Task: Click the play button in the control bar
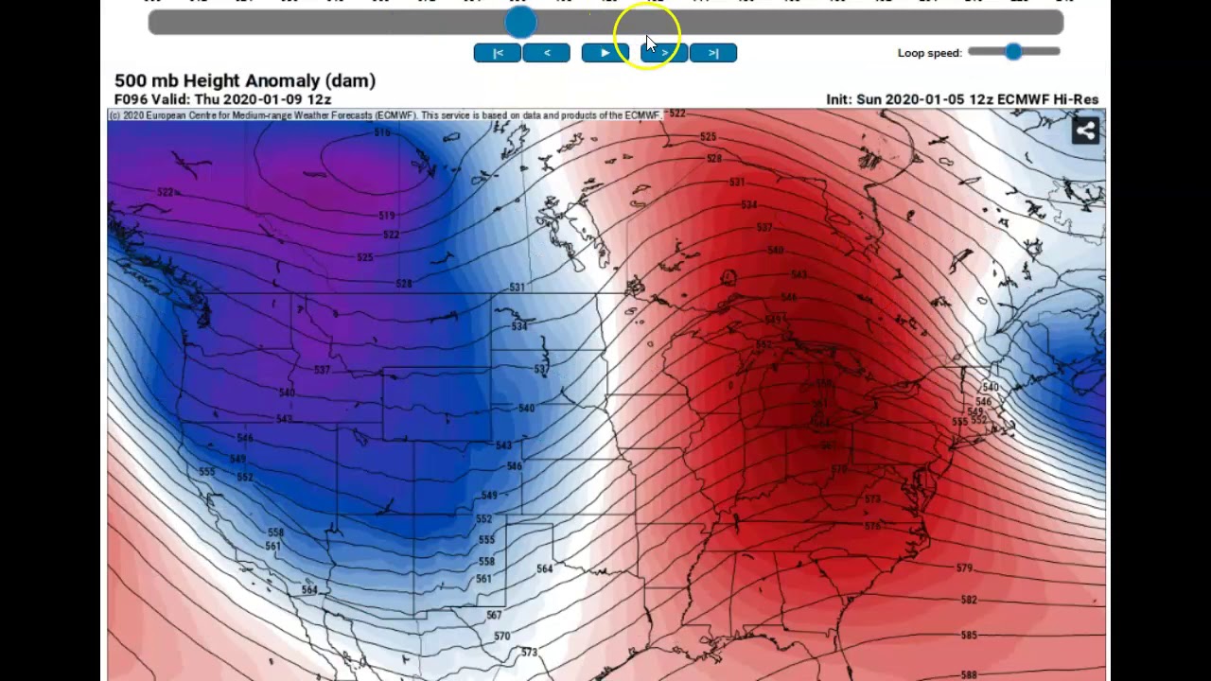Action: click(x=605, y=53)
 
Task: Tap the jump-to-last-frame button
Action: click(x=713, y=53)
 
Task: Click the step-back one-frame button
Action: click(x=547, y=53)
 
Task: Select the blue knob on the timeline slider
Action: click(x=520, y=22)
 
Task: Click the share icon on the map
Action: click(x=1085, y=131)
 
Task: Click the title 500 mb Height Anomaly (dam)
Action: click(x=245, y=81)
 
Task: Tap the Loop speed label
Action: click(x=929, y=53)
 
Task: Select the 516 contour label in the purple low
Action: click(x=381, y=133)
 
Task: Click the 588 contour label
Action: click(x=969, y=674)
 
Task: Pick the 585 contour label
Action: click(x=969, y=636)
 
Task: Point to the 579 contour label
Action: click(x=964, y=568)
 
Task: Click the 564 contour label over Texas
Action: click(x=544, y=568)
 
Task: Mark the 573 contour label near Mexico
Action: click(x=529, y=653)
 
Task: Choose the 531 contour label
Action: click(x=518, y=288)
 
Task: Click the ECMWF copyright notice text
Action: click(x=383, y=115)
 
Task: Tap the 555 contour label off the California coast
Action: click(x=207, y=471)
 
